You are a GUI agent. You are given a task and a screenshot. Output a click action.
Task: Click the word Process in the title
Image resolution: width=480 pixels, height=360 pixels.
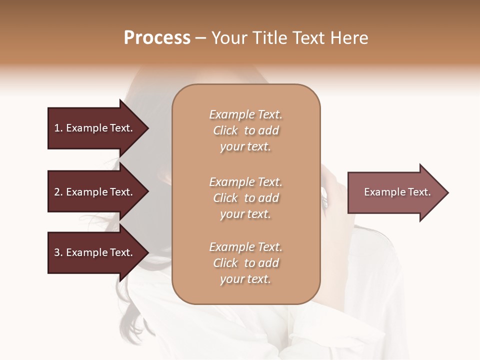tap(157, 38)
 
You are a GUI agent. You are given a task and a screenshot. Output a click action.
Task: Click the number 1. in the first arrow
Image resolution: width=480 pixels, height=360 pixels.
tap(58, 128)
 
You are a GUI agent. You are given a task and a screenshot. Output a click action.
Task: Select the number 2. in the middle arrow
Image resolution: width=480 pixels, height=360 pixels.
tap(58, 192)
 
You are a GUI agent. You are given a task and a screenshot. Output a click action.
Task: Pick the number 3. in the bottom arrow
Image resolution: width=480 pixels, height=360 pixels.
tap(58, 252)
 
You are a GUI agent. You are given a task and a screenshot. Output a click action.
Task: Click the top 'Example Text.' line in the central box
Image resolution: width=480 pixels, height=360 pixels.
tap(245, 114)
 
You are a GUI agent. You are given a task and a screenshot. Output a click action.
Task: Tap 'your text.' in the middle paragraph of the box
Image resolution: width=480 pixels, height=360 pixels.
tap(245, 214)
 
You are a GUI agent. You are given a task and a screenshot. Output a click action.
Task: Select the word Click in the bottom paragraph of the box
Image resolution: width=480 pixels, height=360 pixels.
tap(225, 263)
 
